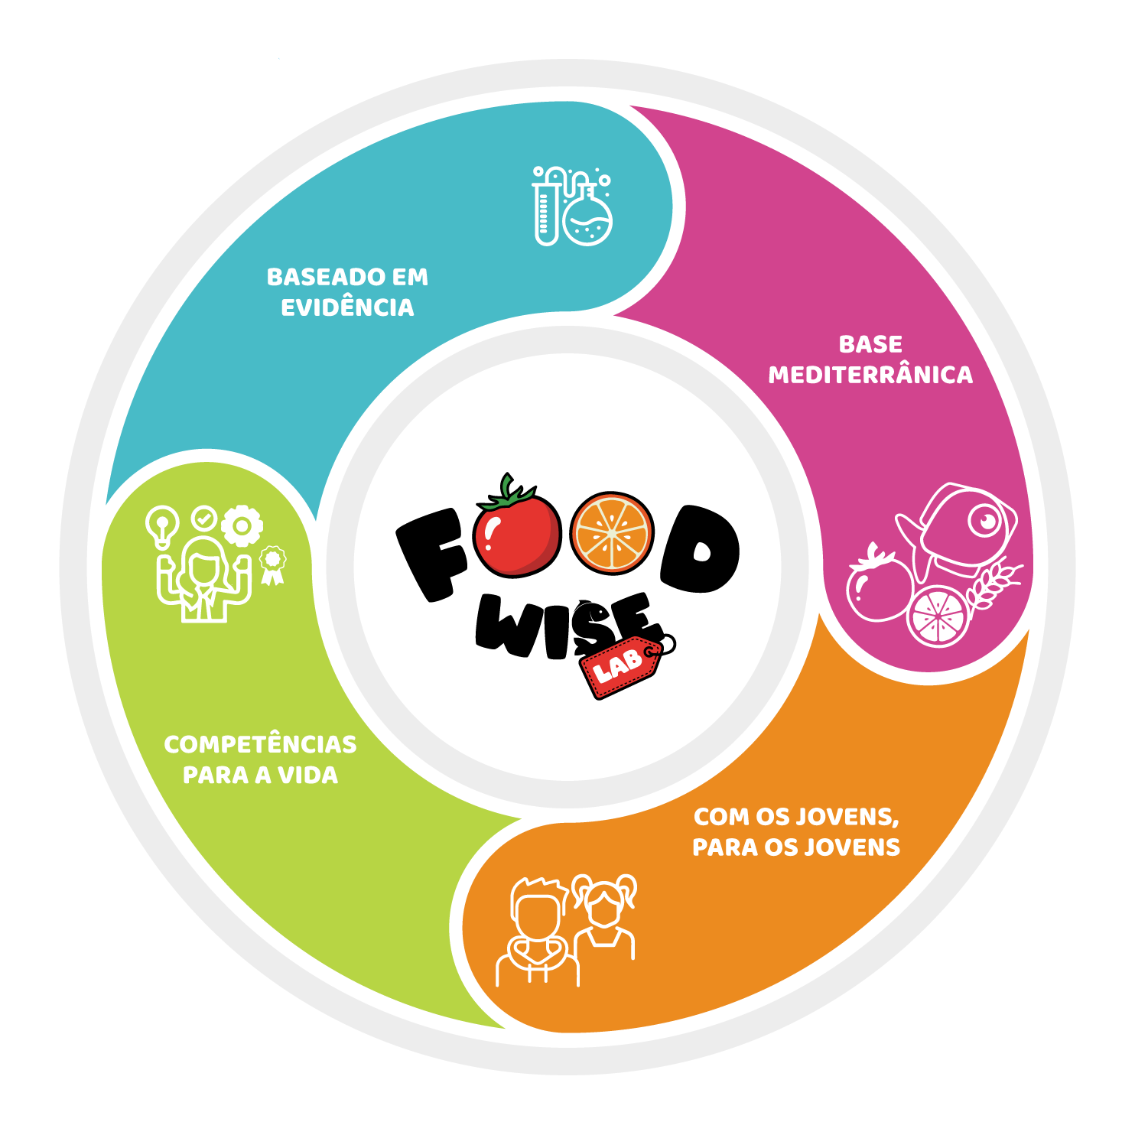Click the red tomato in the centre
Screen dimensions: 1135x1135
pyautogui.click(x=517, y=535)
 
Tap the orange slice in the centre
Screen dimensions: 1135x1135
pyautogui.click(x=612, y=533)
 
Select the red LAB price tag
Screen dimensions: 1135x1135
pyautogui.click(x=620, y=666)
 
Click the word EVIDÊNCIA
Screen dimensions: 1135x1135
pyautogui.click(x=347, y=307)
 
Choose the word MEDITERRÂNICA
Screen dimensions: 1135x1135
pyautogui.click(x=870, y=375)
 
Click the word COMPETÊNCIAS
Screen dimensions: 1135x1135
pyautogui.click(x=260, y=744)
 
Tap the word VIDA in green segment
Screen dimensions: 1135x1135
pyautogui.click(x=307, y=775)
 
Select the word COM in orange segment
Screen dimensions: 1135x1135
pyautogui.click(x=720, y=817)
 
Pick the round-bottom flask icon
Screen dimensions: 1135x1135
pyautogui.click(x=587, y=219)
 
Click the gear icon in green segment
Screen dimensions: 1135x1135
pyautogui.click(x=242, y=525)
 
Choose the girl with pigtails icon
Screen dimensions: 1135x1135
pyautogui.click(x=605, y=918)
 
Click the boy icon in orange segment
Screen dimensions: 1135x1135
pyautogui.click(x=538, y=933)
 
